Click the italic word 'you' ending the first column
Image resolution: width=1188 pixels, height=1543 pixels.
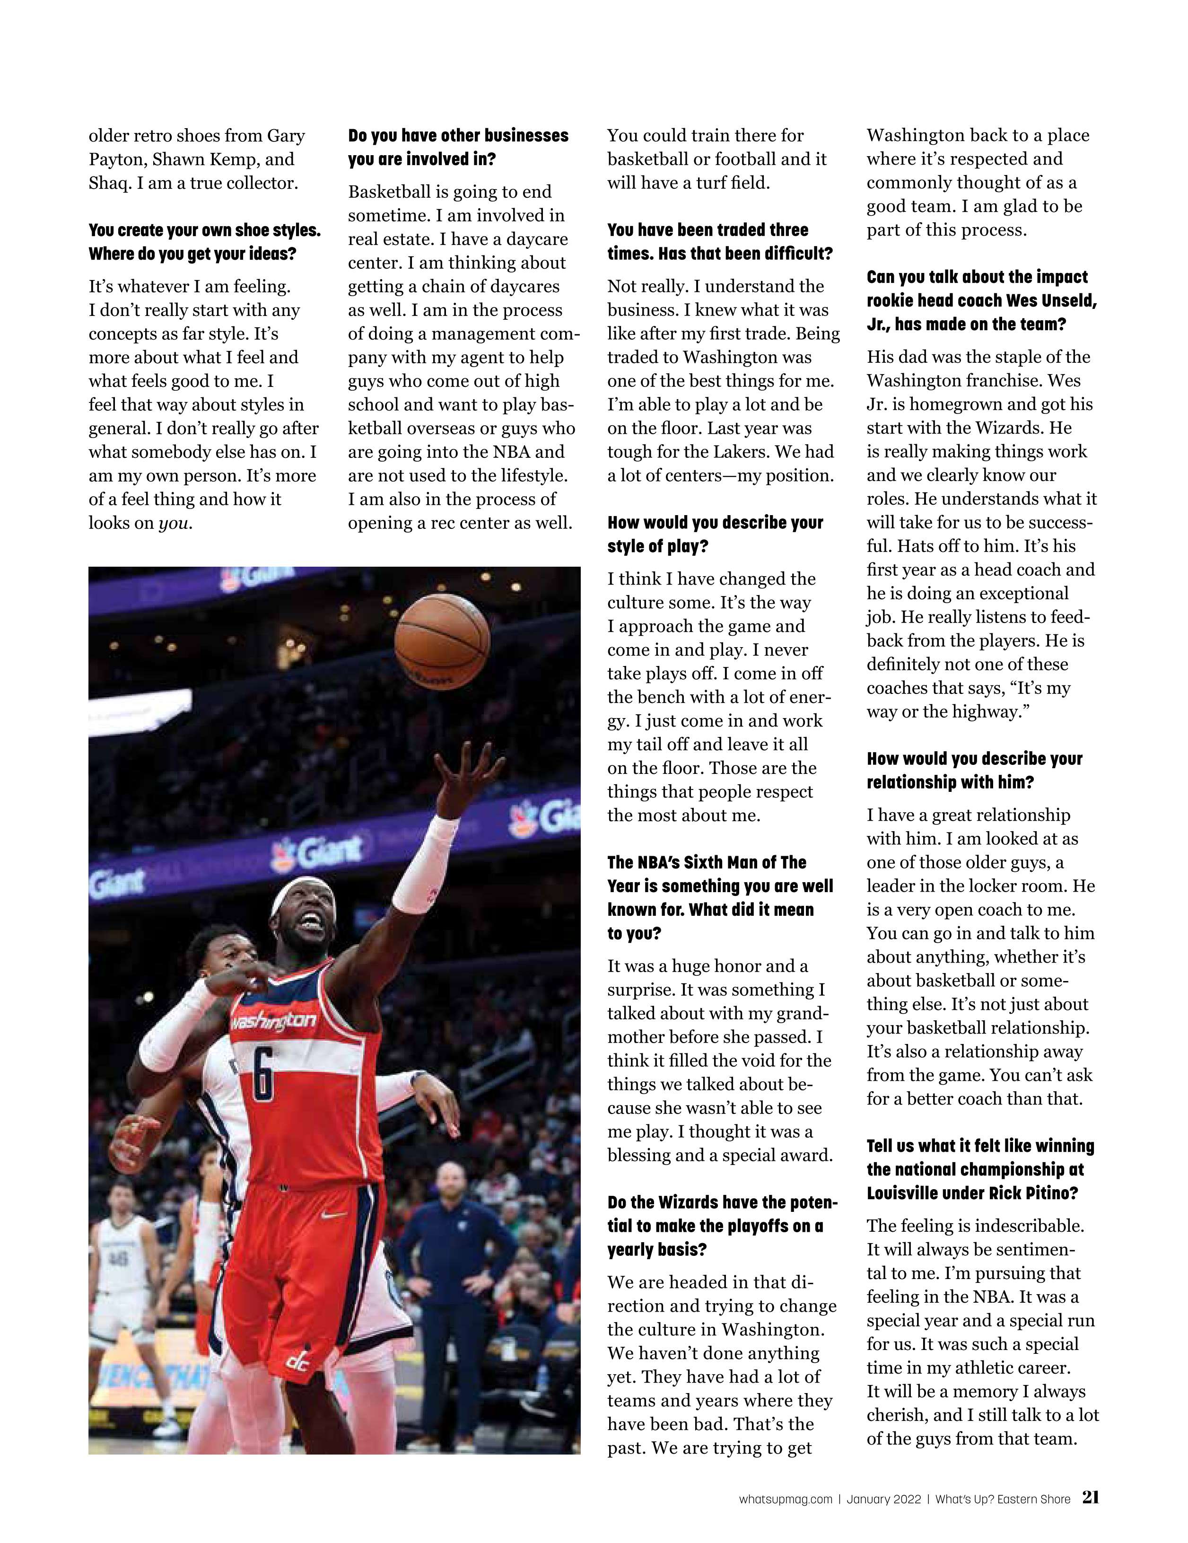[x=173, y=524]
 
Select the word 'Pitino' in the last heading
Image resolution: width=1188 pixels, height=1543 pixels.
[x=1049, y=1193]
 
